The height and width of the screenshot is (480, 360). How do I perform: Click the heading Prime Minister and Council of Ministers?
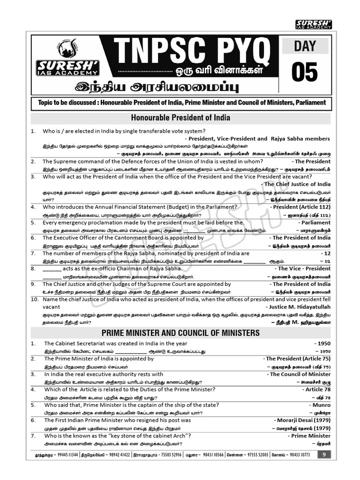pyautogui.click(x=180, y=333)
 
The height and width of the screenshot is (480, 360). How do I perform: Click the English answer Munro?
pyautogui.click(x=320, y=405)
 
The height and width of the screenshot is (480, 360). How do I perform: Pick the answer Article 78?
pyautogui.click(x=316, y=390)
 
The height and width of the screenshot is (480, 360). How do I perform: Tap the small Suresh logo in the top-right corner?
pyautogui.click(x=314, y=24)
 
